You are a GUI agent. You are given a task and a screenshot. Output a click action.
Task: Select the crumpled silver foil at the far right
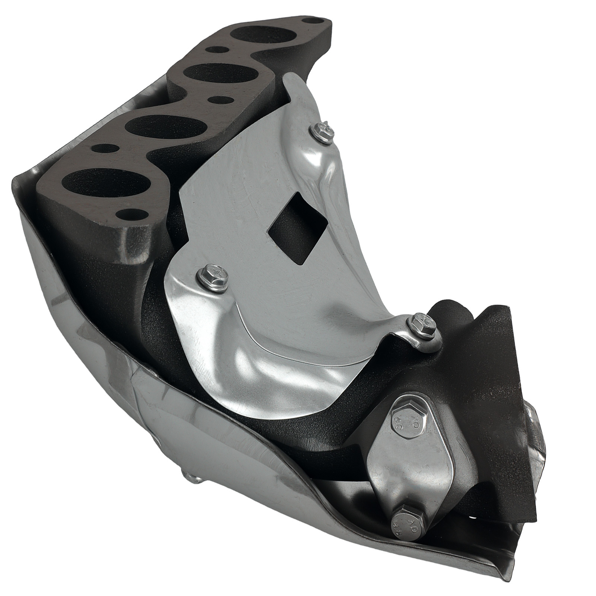(x=536, y=447)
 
